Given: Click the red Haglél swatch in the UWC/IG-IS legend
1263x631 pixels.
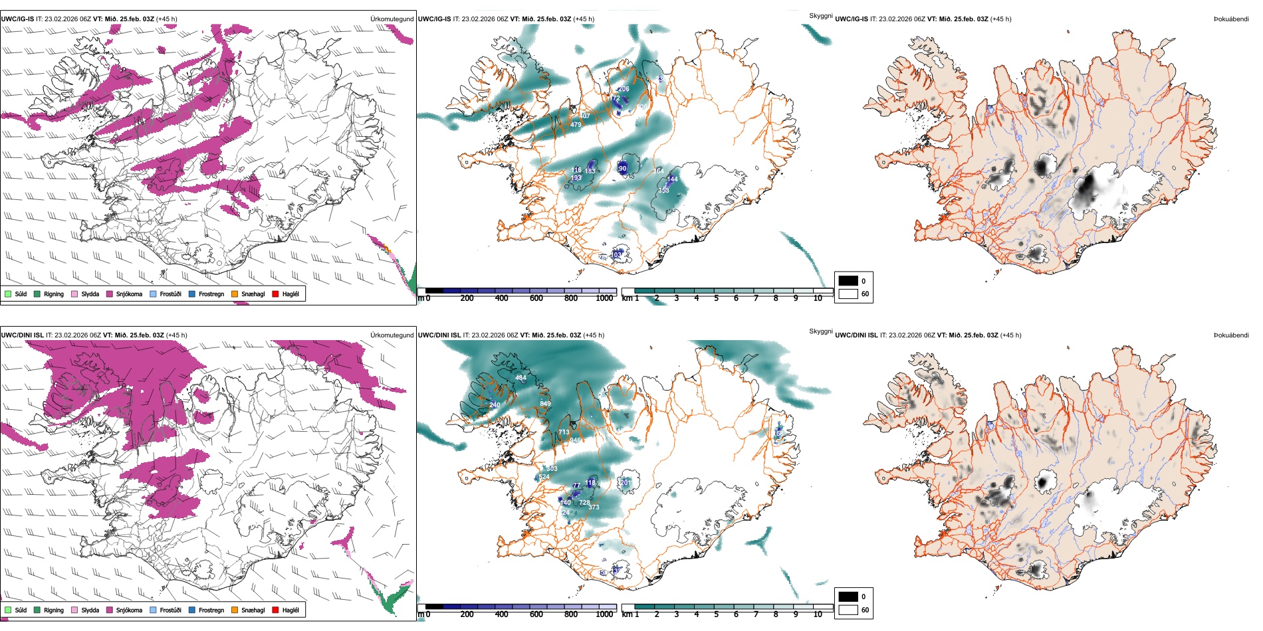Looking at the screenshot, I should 275,294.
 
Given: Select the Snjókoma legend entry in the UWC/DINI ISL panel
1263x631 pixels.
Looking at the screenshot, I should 129,610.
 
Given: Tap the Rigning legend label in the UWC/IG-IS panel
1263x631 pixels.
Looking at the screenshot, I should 54,294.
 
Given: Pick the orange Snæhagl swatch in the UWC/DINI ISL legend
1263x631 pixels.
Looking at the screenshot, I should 235,610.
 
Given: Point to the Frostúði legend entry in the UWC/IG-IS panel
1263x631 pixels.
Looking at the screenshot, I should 170,294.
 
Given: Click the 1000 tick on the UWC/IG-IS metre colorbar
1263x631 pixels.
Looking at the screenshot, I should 604,298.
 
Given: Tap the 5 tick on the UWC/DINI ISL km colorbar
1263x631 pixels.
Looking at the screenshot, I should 717,614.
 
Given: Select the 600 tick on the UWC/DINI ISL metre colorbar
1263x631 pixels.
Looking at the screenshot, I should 536,614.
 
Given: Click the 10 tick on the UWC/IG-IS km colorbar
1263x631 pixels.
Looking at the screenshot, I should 818,298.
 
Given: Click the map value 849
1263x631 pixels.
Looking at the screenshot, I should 545,404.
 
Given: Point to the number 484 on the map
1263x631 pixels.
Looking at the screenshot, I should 520,378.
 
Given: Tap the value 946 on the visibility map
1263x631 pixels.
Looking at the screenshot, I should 575,440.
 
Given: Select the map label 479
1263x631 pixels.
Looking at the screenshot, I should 576,125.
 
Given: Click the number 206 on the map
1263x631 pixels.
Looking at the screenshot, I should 624,89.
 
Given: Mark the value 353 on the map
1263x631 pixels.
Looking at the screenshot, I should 663,191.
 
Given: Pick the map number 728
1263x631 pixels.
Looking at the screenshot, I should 584,503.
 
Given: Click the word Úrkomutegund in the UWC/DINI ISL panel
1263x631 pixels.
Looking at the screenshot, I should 392,335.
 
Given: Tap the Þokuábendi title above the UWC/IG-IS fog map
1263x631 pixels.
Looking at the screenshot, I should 1231,19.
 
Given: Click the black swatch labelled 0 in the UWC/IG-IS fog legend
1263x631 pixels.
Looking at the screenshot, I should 848,280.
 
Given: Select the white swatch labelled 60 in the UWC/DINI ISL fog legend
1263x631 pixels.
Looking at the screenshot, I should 848,610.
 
